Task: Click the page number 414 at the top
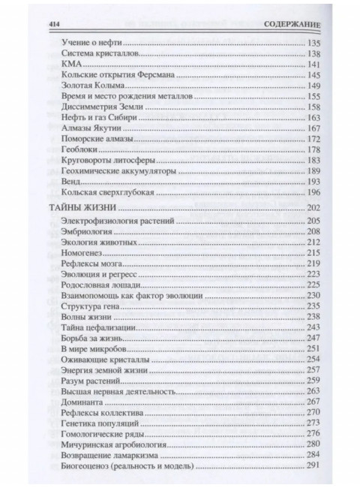tap(53, 24)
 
